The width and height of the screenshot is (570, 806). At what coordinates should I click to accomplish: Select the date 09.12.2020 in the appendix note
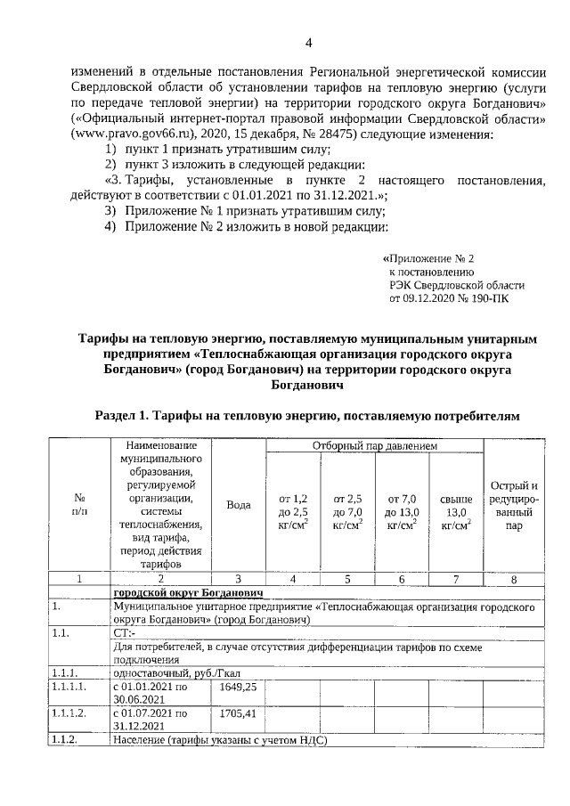[x=433, y=300]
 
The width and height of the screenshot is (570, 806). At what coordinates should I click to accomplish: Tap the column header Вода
[x=239, y=505]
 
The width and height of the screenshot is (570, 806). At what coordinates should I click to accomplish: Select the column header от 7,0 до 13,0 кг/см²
[x=402, y=512]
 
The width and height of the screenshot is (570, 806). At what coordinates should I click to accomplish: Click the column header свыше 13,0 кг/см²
[x=456, y=512]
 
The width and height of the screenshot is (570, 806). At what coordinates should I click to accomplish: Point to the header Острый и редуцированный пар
[x=514, y=505]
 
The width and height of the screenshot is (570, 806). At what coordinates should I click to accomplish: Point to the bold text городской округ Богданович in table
[x=186, y=592]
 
